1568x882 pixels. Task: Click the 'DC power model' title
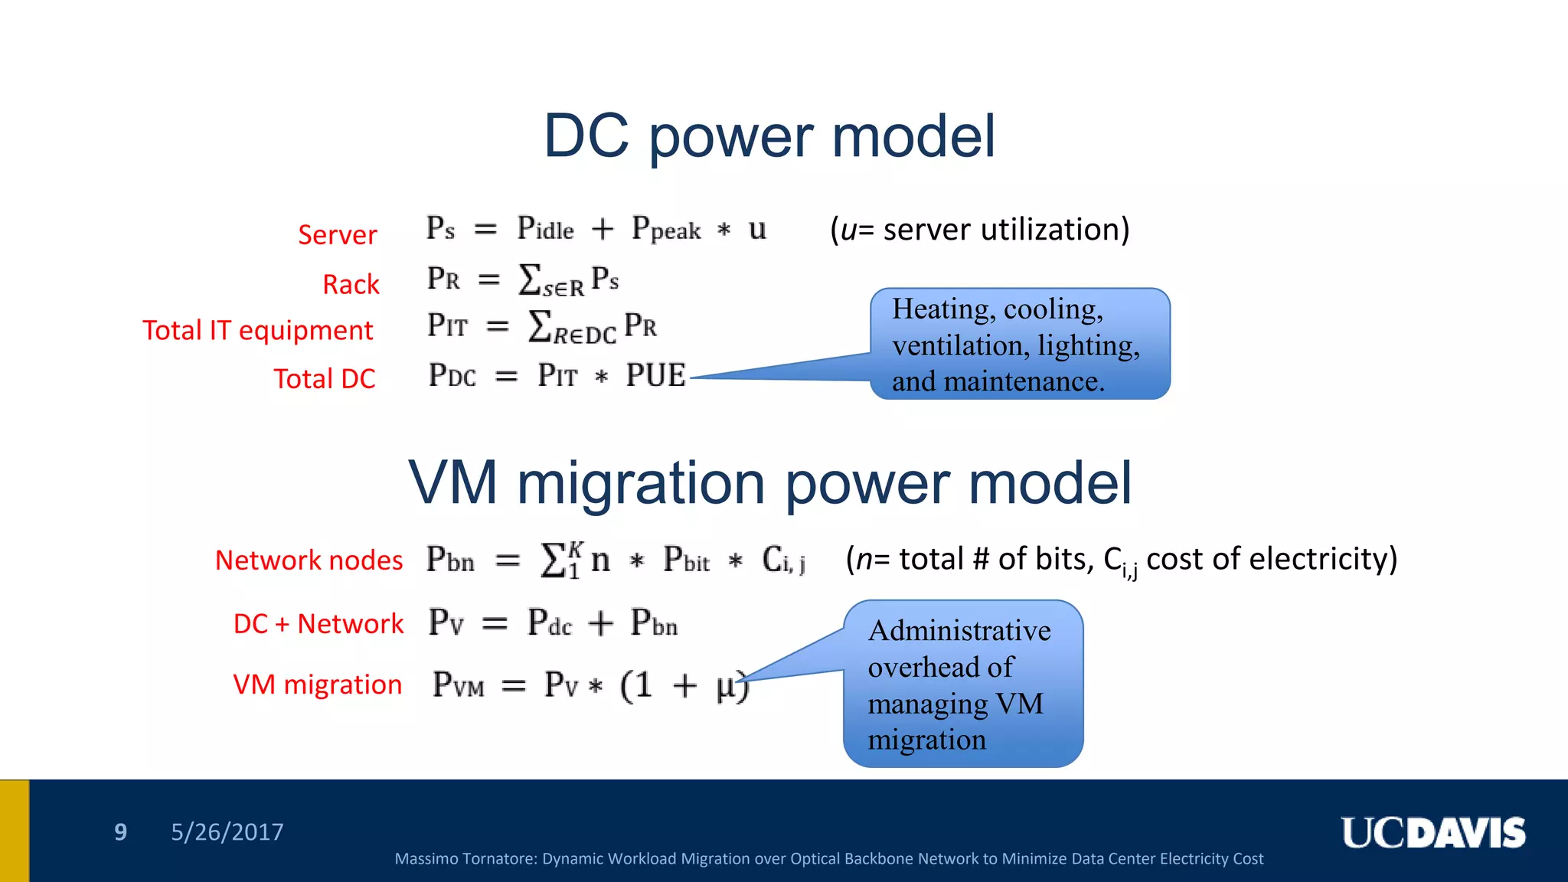(769, 136)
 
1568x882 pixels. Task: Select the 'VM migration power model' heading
(769, 483)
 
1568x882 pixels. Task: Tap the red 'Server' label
(337, 234)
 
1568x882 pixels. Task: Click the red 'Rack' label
(351, 284)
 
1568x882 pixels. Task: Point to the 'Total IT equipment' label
(257, 330)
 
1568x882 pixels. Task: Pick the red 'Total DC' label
(325, 378)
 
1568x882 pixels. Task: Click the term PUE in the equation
(655, 375)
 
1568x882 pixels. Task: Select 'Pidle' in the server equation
(545, 228)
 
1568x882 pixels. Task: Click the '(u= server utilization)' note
(979, 229)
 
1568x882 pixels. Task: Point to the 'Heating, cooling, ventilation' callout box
(1019, 344)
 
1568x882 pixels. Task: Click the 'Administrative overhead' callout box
(962, 684)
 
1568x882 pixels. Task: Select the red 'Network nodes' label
(309, 560)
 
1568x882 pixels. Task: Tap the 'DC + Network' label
(318, 623)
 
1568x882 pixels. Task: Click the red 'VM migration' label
(317, 684)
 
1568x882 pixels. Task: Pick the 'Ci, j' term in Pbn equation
(783, 560)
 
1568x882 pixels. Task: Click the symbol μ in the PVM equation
(726, 685)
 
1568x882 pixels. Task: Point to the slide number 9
(120, 831)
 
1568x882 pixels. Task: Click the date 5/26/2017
(227, 831)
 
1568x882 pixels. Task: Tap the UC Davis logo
(1432, 833)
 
